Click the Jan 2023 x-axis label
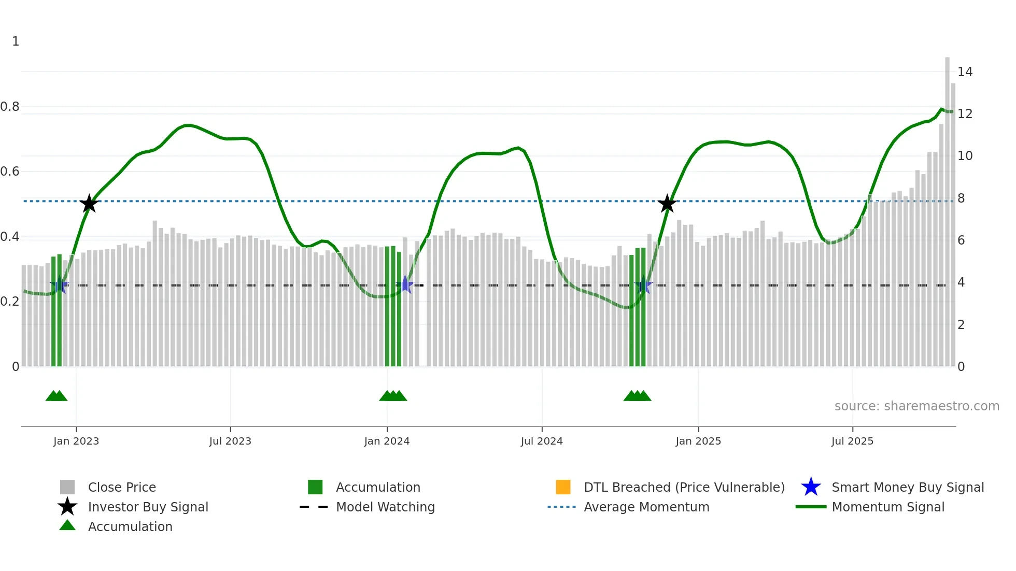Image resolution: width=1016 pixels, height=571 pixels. [76, 441]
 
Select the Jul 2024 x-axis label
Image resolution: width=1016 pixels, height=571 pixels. [542, 441]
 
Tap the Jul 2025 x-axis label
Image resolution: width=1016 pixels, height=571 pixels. [852, 441]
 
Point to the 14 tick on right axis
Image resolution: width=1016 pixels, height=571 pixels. [965, 72]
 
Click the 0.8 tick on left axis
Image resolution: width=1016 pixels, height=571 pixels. [10, 107]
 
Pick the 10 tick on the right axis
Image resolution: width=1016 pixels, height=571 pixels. [965, 156]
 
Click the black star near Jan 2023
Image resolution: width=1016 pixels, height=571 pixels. [89, 204]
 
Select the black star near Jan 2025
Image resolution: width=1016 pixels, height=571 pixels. [667, 204]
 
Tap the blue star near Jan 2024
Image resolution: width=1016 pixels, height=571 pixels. [405, 285]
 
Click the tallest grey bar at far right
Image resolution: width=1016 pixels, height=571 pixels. [947, 207]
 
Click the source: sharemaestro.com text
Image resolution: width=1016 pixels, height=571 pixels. [916, 406]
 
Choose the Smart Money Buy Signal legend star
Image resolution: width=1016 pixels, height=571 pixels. [811, 487]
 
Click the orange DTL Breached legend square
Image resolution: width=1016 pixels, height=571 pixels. [563, 487]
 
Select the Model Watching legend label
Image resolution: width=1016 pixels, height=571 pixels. [385, 507]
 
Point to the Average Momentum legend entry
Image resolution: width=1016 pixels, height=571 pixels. [646, 507]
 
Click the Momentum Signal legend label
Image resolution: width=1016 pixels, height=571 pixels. [887, 507]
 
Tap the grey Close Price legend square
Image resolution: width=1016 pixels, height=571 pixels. [67, 487]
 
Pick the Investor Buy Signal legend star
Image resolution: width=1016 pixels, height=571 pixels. [67, 507]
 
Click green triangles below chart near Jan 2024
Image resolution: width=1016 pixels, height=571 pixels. [393, 396]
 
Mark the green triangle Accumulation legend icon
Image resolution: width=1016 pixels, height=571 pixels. [67, 525]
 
